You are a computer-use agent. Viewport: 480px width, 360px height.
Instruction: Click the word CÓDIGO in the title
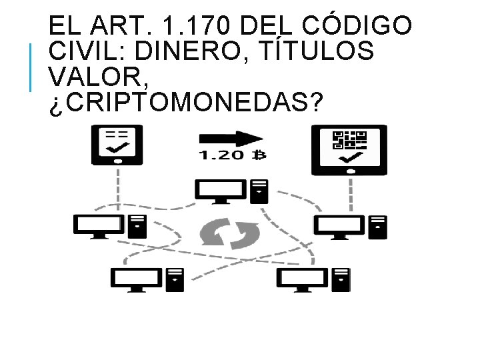pos(361,27)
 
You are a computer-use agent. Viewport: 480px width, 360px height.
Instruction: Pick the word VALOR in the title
pos(93,77)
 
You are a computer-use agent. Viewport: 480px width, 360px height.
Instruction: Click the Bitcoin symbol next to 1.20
pos(259,157)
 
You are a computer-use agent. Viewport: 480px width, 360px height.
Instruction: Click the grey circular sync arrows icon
pos(230,233)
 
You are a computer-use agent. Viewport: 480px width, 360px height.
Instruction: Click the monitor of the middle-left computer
pos(98,225)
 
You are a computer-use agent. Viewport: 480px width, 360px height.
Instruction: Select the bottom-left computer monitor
pos(137,279)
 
